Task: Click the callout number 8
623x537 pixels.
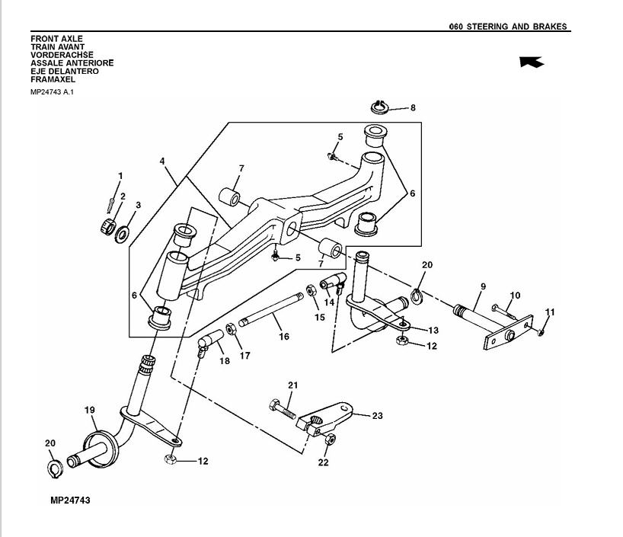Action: click(413, 108)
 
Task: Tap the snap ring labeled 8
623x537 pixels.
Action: click(380, 104)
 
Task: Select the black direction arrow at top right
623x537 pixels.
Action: click(532, 62)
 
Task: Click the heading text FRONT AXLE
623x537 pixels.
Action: click(56, 38)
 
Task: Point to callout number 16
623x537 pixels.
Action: click(283, 336)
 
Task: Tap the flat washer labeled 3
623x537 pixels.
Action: click(122, 233)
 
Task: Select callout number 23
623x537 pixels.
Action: click(377, 416)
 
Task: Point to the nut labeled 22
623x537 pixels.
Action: click(329, 440)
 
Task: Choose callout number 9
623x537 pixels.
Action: click(482, 286)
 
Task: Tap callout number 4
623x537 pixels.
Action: click(162, 161)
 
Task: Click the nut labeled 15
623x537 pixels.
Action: click(311, 290)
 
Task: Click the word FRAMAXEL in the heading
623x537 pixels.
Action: click(53, 79)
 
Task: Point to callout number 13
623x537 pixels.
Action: click(433, 331)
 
